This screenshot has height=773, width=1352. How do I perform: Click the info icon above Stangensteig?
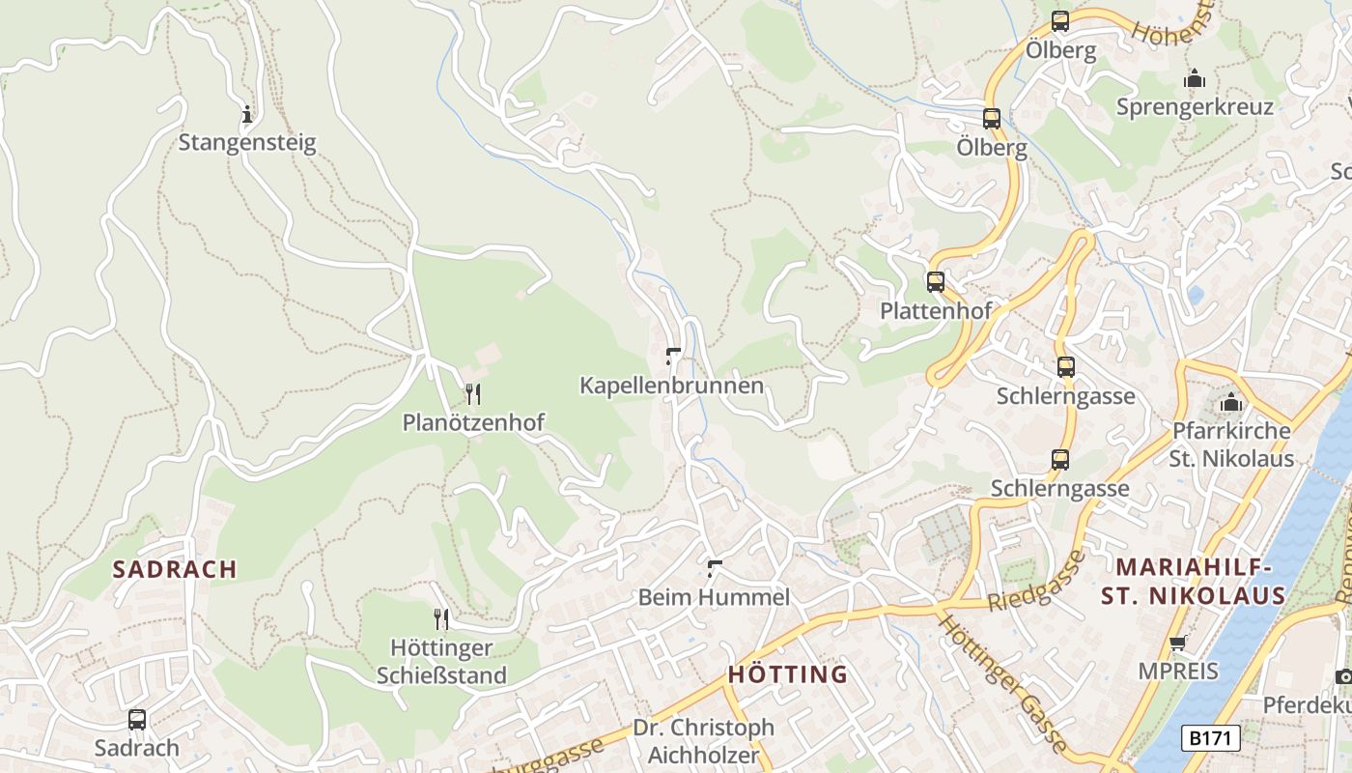coord(247,115)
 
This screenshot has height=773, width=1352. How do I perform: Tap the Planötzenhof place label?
coord(473,422)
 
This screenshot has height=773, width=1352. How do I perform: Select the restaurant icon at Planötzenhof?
coord(472,393)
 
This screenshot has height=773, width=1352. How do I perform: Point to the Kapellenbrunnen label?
coord(671,386)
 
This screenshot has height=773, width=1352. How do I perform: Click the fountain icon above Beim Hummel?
coord(715,567)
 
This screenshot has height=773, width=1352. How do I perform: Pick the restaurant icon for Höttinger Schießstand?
coord(441,618)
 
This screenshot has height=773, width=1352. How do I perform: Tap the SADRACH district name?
coord(175,569)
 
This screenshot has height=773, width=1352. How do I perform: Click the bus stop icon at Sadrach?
coord(137,719)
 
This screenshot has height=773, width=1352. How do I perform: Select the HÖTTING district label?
coord(787,673)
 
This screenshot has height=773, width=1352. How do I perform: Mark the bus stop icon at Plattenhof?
coord(936,282)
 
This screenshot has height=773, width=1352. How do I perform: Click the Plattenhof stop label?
coord(935,311)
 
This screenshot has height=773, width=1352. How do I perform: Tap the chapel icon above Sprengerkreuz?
coord(1195,78)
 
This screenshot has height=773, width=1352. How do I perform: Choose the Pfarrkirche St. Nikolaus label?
coord(1231,444)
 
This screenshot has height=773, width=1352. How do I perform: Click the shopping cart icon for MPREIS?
coord(1177,643)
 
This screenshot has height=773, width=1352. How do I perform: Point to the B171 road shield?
coord(1211,738)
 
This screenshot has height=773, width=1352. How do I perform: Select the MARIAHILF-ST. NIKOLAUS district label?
coord(1194,582)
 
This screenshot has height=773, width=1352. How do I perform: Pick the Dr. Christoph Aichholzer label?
coord(703,740)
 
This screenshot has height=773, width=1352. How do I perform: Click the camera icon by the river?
coord(1343,676)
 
